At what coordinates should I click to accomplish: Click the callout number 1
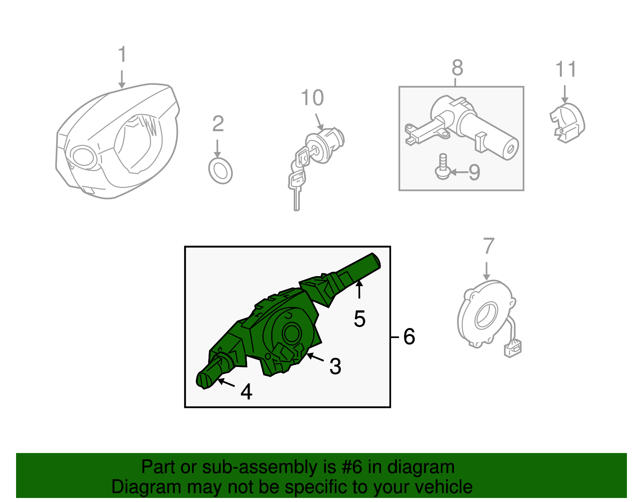point(122,54)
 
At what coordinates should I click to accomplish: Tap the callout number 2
point(218,124)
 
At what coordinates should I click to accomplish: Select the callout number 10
point(313,98)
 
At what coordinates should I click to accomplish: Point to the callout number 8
point(457,68)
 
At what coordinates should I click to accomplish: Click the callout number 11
point(566,69)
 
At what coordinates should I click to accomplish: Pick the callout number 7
point(489,246)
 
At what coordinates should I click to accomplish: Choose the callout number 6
point(409,337)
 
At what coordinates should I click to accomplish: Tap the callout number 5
point(360,319)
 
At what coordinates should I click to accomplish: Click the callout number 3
point(336,366)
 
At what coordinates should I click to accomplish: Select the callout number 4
point(246,391)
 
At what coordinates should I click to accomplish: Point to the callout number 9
point(474,172)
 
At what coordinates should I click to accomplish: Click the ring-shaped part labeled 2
point(221,171)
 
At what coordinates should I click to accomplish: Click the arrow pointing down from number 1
point(122,79)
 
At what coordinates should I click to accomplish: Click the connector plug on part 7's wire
point(513,348)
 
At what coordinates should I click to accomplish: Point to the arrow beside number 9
point(459,172)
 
